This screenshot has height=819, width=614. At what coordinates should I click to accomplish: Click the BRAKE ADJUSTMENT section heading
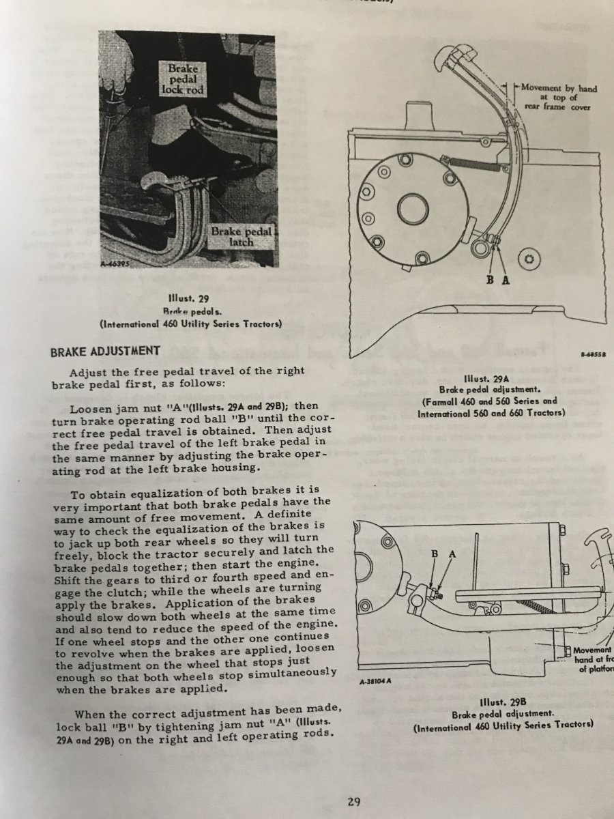point(106,351)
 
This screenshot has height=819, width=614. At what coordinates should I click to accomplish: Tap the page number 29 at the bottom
point(353,801)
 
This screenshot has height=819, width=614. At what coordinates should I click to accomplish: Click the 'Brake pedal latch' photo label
point(241,236)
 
